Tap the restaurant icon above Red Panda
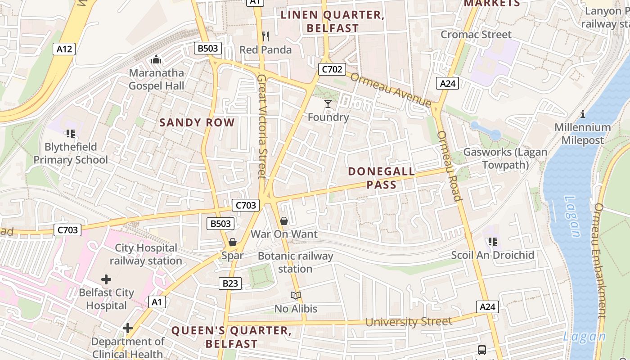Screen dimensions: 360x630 click(x=265, y=36)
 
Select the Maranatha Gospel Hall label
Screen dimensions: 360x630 click(x=156, y=79)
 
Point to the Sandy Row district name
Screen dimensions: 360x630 click(x=197, y=122)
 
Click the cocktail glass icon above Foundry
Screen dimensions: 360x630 click(x=328, y=104)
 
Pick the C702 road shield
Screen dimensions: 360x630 click(x=332, y=69)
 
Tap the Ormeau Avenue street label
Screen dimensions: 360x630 click(x=391, y=90)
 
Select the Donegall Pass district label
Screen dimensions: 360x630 click(x=382, y=178)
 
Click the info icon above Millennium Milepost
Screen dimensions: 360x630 click(x=583, y=114)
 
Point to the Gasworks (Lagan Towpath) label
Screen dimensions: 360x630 click(x=505, y=158)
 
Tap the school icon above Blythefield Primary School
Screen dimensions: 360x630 click(x=70, y=133)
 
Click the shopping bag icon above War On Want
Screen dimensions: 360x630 click(x=284, y=221)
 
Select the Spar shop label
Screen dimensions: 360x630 click(x=232, y=256)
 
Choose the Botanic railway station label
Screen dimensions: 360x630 click(x=295, y=262)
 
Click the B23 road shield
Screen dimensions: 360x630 click(x=229, y=283)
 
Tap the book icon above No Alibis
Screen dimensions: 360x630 click(x=296, y=296)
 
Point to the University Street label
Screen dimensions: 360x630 click(x=408, y=322)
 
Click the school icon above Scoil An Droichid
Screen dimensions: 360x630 click(x=493, y=242)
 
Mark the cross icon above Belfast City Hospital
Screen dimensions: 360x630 click(x=106, y=279)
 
